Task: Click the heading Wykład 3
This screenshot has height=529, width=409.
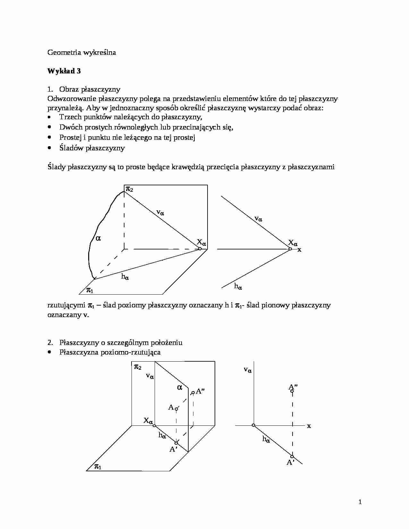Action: click(x=64, y=71)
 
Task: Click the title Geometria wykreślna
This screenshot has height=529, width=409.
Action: click(x=81, y=53)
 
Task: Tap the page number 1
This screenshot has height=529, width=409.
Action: click(x=360, y=502)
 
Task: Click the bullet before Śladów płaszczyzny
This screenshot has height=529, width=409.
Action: click(x=49, y=148)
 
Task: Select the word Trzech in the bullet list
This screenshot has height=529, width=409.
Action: click(x=70, y=117)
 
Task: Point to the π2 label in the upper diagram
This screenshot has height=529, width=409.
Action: click(x=129, y=189)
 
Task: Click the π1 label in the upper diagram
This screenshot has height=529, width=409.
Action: click(x=90, y=290)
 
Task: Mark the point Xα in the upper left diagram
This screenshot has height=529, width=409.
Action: click(x=200, y=249)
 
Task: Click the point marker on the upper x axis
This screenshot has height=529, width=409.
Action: click(x=290, y=249)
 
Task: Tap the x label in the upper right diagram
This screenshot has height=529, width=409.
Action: click(x=299, y=249)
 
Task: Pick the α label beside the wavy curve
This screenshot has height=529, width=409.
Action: click(x=98, y=238)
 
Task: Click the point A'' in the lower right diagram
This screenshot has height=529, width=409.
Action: click(x=292, y=391)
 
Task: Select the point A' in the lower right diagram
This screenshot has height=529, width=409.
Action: click(x=292, y=457)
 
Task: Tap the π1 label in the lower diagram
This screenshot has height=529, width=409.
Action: click(x=98, y=466)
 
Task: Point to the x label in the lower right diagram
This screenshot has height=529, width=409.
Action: click(x=309, y=426)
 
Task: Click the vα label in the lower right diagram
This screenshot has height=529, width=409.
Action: click(x=248, y=370)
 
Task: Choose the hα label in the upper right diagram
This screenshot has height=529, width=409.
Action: click(x=238, y=286)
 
